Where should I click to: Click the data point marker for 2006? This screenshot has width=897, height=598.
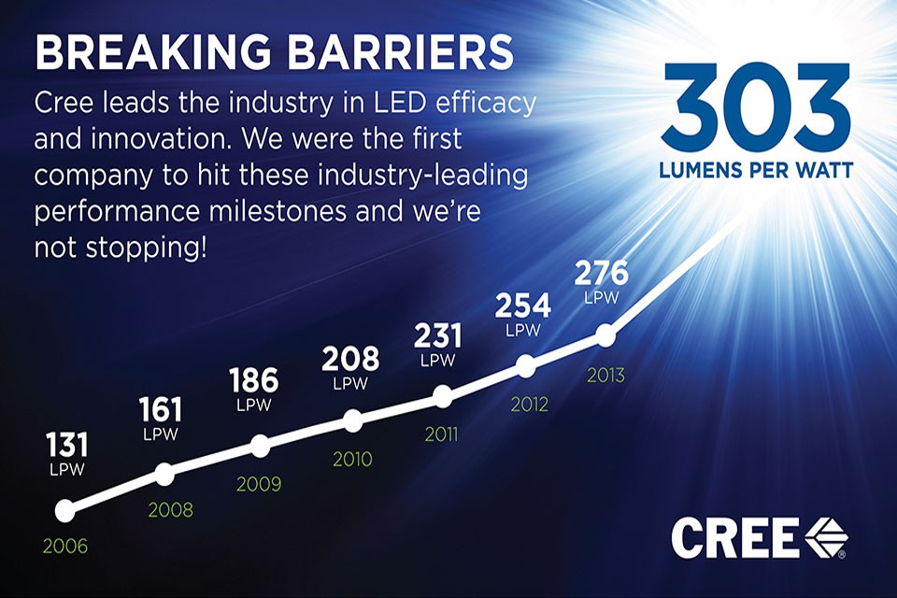tap(64, 510)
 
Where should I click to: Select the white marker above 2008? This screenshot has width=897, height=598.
tap(164, 474)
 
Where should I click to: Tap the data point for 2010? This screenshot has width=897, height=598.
tap(352, 420)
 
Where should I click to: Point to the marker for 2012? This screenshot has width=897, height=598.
tap(526, 366)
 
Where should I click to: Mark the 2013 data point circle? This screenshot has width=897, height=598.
tap(605, 334)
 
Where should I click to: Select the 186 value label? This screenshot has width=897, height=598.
tap(253, 381)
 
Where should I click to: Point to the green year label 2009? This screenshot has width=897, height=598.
tap(259, 485)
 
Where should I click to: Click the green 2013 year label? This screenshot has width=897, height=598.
tap(605, 376)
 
